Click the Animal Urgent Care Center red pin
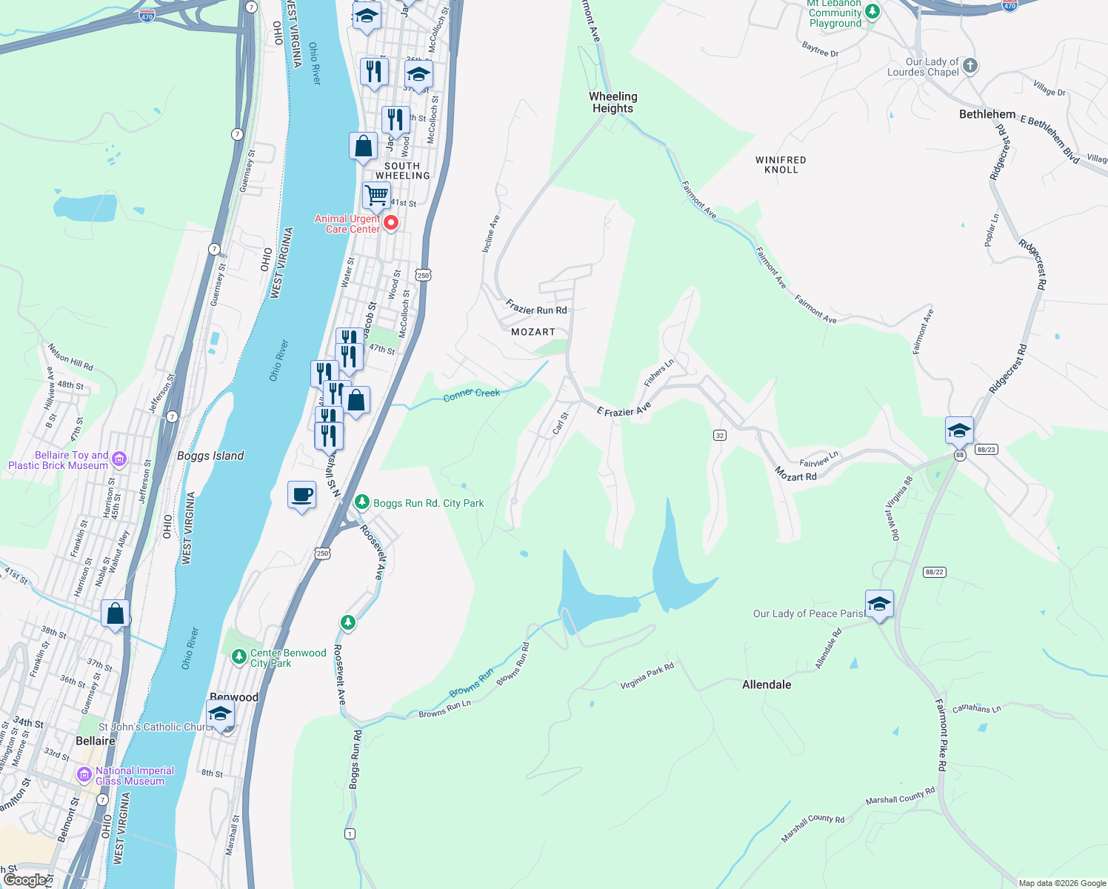click(x=391, y=222)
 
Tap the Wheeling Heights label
click(x=613, y=102)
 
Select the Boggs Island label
click(x=210, y=456)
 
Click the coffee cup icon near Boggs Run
click(x=301, y=495)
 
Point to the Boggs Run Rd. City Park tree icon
click(x=361, y=502)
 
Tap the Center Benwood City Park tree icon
click(x=238, y=656)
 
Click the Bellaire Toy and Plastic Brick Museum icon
click(x=119, y=459)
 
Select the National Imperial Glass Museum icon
click(x=84, y=775)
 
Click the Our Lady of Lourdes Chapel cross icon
click(x=969, y=66)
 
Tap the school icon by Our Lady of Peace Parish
click(x=879, y=604)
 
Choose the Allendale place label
click(x=767, y=685)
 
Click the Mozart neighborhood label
click(x=533, y=332)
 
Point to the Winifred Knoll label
click(x=781, y=164)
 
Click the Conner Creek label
click(x=472, y=395)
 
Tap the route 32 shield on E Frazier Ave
click(x=720, y=435)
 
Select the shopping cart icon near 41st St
click(x=376, y=196)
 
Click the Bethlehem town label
click(x=987, y=114)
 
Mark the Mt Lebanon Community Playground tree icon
click(x=872, y=11)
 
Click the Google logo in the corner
click(x=24, y=879)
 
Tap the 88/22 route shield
click(x=934, y=572)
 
